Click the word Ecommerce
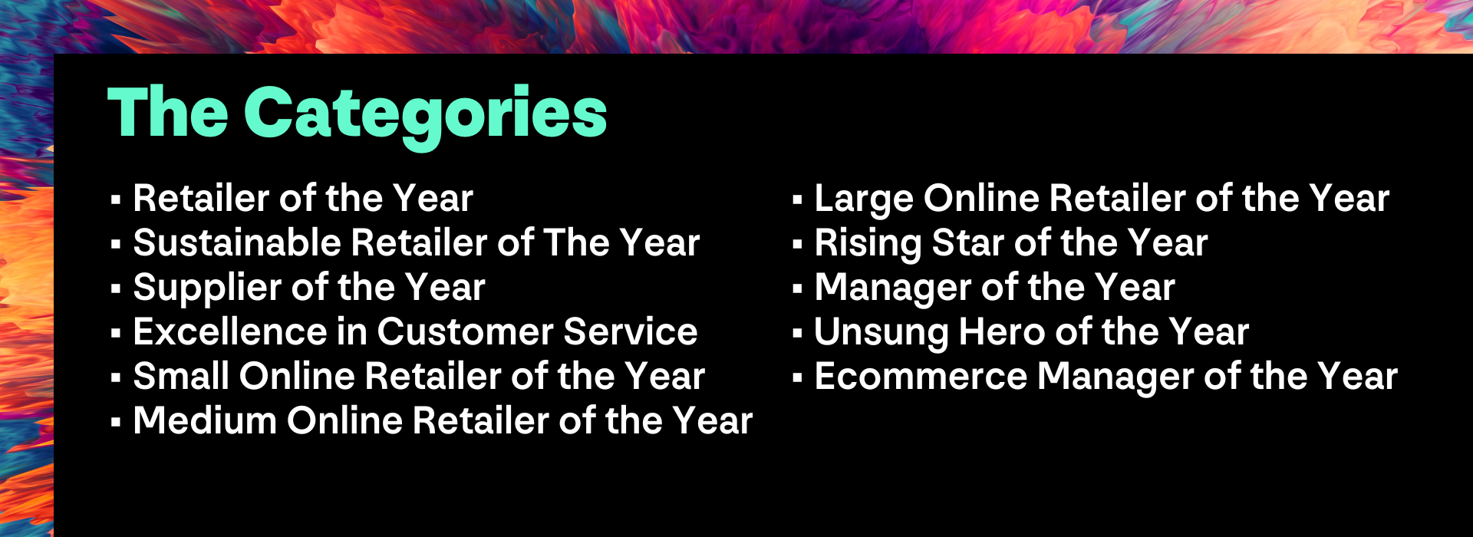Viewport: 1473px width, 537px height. click(x=921, y=376)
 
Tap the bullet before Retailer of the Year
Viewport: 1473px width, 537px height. click(x=116, y=201)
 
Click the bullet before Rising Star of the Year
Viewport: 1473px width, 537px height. click(x=797, y=245)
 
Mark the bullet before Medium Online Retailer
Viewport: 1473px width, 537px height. click(x=116, y=423)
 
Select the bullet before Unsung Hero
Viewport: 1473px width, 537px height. click(x=797, y=334)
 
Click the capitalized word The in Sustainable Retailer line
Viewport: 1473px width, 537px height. click(x=576, y=242)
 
